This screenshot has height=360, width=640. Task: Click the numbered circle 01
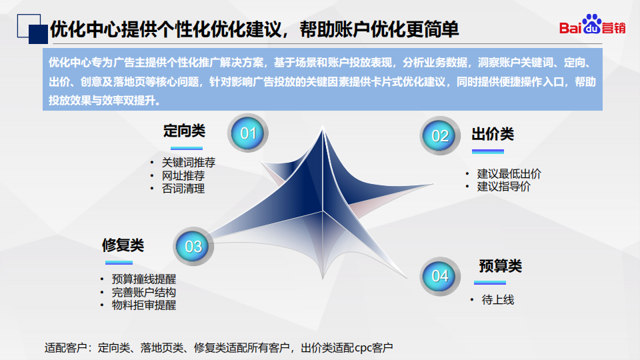point(248,133)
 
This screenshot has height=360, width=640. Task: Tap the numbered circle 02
point(440,135)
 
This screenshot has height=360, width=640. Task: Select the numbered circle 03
point(193,246)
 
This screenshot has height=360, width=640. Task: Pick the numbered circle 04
point(440,276)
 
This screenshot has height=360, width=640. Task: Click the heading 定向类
point(184,131)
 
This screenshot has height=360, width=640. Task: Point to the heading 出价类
point(493,134)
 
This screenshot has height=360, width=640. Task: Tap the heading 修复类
point(123,245)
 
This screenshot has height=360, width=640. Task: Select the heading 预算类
point(501,266)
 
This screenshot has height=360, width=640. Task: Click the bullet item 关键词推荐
point(189,163)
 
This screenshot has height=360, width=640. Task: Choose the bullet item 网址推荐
point(183,175)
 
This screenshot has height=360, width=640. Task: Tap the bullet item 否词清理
point(183,189)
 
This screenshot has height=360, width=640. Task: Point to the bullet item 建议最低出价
point(509,174)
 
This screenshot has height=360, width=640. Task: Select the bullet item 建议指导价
point(504,187)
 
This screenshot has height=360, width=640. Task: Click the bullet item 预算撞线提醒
point(144,279)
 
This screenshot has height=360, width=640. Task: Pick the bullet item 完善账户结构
point(144,292)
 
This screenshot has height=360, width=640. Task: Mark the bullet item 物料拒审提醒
point(144,305)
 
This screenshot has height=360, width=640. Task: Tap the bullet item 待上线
point(498,299)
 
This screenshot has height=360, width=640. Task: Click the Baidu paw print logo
point(592,24)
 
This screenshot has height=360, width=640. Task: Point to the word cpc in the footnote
point(363,348)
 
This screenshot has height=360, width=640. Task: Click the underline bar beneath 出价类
point(488,151)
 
